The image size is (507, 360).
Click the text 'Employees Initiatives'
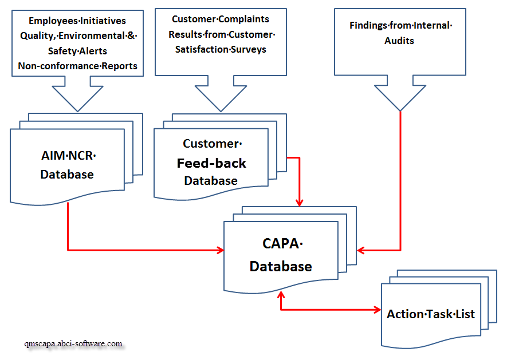pos(77,21)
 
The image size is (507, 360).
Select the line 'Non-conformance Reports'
pos(77,66)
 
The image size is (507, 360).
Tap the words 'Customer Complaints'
pos(221,19)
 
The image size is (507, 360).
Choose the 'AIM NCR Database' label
pos(67,165)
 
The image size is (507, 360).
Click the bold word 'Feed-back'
pos(211,163)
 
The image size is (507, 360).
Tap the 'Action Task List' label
pos(430,314)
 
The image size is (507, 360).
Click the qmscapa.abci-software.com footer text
pos(73,344)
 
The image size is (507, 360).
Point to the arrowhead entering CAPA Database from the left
pos(219,250)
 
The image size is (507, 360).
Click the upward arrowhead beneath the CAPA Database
pos(281,295)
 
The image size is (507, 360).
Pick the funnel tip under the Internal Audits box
pos(400,109)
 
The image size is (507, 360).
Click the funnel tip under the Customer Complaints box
pos(220,110)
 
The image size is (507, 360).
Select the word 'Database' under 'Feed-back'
pos(210,181)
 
